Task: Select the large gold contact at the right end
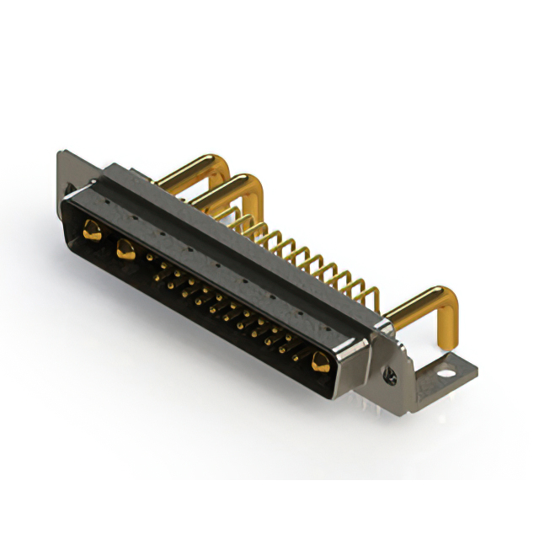(320, 363)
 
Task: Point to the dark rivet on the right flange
(390, 371)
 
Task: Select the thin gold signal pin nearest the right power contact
(299, 345)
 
